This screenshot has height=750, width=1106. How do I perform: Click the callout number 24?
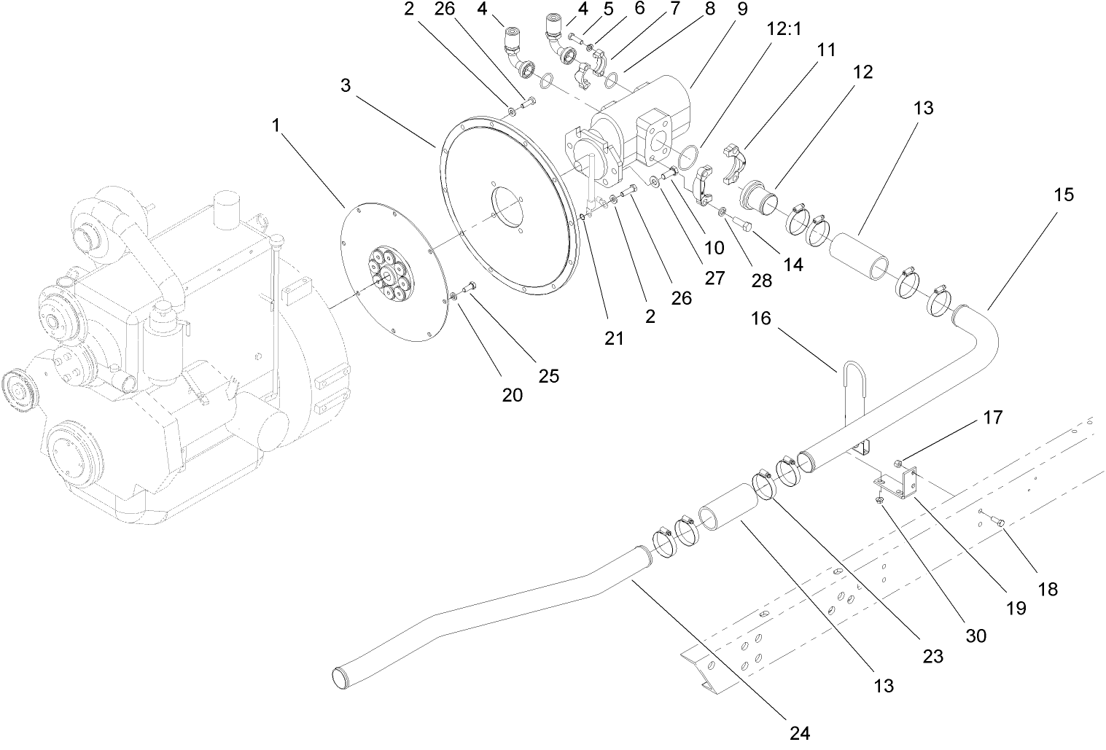tap(800, 733)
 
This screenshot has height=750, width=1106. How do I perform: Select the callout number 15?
tap(1064, 195)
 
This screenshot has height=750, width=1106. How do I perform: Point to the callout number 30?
tap(975, 635)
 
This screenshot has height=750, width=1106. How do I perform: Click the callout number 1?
tap(276, 125)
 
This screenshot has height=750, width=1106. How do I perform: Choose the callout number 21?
tap(614, 338)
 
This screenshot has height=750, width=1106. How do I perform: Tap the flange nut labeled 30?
tap(881, 501)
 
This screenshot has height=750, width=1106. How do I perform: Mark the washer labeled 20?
tap(454, 295)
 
